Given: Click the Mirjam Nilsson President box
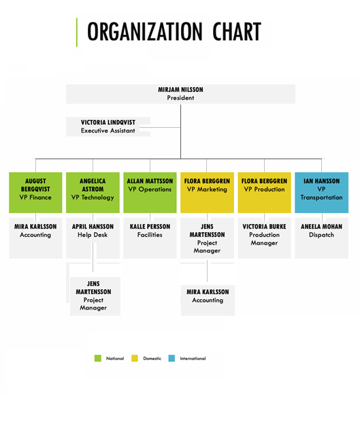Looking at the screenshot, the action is (x=180, y=94).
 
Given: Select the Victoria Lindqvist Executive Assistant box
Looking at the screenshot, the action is (x=108, y=127).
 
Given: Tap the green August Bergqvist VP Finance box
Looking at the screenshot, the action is (x=35, y=193).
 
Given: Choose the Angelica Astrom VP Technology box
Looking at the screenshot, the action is (x=93, y=193).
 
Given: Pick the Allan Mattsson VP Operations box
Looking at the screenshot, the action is (x=150, y=193).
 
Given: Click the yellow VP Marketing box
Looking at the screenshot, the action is (x=207, y=193).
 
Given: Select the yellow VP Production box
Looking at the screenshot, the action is (x=264, y=193).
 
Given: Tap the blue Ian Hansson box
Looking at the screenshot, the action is (x=322, y=193).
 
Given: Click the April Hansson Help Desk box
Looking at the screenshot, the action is (x=93, y=238).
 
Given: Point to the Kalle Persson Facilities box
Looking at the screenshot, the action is (x=150, y=238).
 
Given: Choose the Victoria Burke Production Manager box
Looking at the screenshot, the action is (x=264, y=238).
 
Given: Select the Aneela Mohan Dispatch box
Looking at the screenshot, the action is (x=322, y=238).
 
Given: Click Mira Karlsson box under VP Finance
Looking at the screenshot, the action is (x=35, y=238).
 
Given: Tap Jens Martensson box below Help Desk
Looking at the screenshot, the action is (x=95, y=296).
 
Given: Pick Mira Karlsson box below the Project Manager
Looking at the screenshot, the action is (x=208, y=300).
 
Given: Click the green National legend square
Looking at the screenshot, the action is (x=98, y=359).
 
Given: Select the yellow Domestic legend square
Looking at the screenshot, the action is (x=135, y=359).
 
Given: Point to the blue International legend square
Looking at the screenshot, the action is (x=171, y=359).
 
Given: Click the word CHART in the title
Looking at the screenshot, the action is (x=237, y=31).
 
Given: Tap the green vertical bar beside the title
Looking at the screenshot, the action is (x=77, y=33).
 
